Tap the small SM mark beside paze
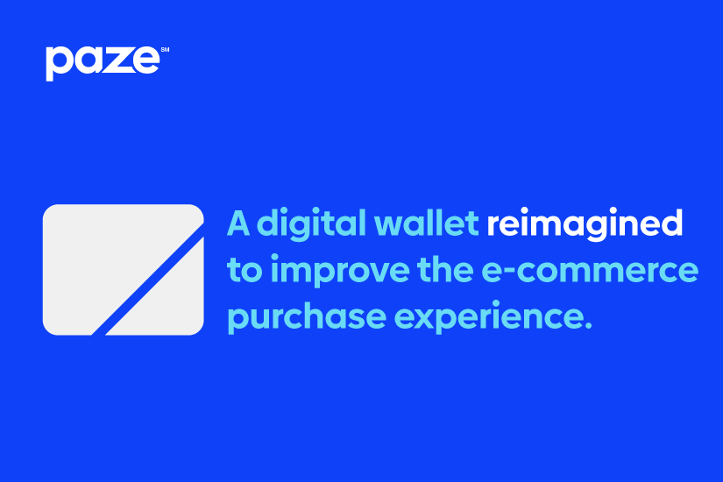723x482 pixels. pyautogui.click(x=165, y=49)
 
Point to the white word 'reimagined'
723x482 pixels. pyautogui.click(x=585, y=224)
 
